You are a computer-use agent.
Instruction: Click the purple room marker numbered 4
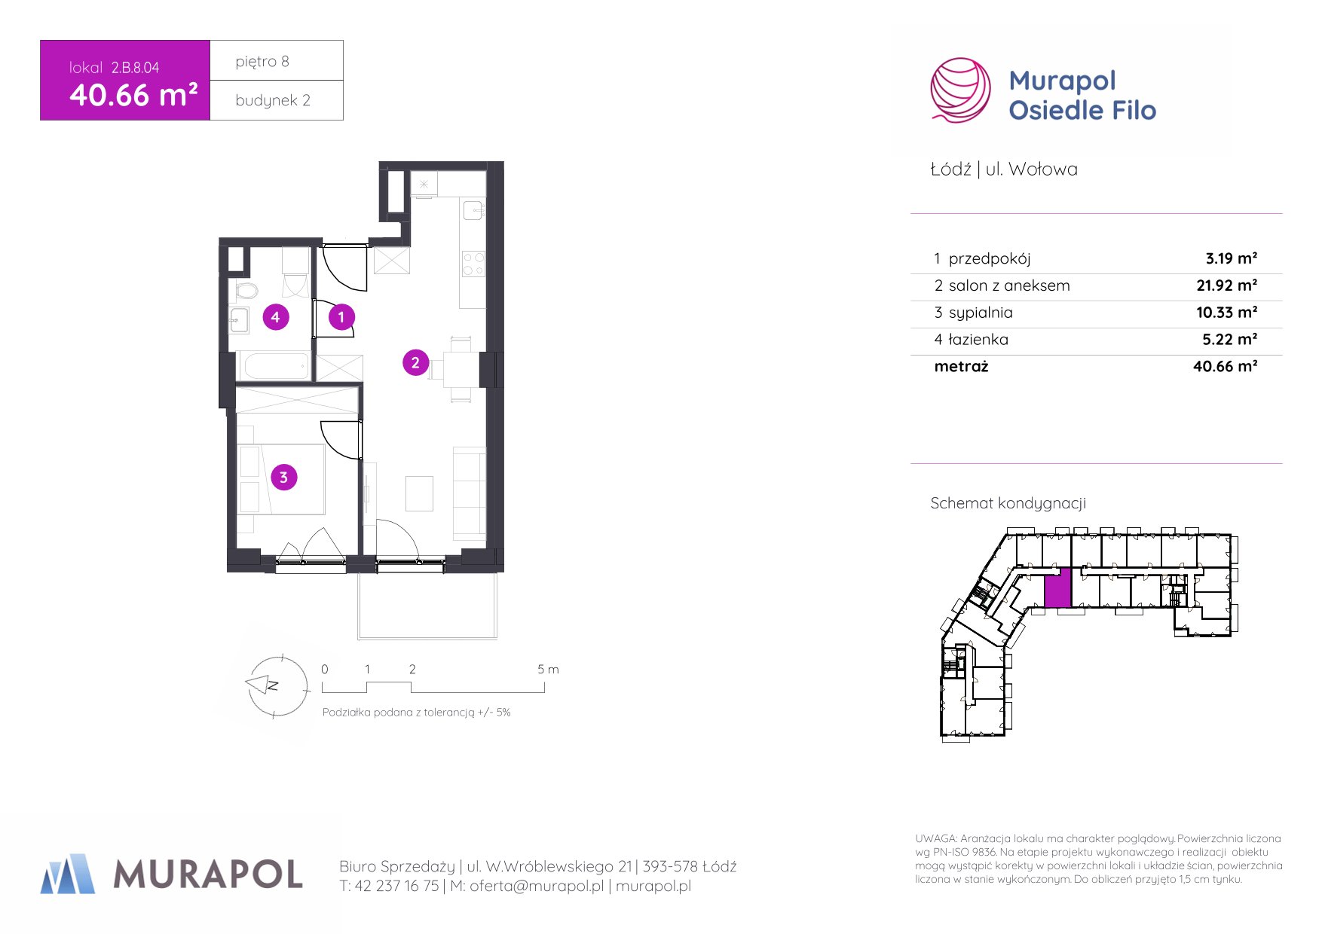[x=275, y=317]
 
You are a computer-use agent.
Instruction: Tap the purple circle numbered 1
[x=341, y=317]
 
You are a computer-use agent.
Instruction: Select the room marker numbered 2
[x=415, y=362]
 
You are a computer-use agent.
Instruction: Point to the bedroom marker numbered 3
[x=283, y=477]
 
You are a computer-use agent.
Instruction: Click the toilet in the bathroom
[x=246, y=290]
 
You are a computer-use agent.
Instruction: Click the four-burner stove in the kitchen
[x=473, y=264]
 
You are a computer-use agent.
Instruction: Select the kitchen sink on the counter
[x=473, y=210]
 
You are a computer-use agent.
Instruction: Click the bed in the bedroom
[x=283, y=479]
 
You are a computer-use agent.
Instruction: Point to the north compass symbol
[x=276, y=685]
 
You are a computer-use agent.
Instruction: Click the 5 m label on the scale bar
[x=548, y=669]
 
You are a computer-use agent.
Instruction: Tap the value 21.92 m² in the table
[x=1226, y=285]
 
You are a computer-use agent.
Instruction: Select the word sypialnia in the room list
[x=981, y=313]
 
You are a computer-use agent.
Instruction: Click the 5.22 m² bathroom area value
[x=1229, y=340]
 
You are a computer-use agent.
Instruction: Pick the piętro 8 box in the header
[x=277, y=60]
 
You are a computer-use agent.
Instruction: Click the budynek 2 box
[x=277, y=100]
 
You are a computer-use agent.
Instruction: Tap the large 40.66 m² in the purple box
[x=133, y=96]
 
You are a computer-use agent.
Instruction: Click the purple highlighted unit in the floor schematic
[x=1057, y=588]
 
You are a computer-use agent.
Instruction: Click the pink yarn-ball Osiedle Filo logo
[x=960, y=90]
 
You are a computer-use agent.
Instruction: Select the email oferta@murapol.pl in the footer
[x=537, y=886]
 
